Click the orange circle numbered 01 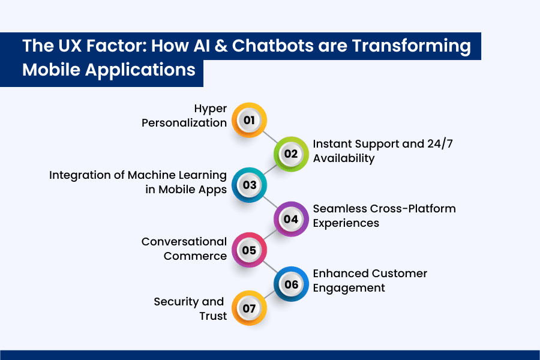point(249,121)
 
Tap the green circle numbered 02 point(291,154)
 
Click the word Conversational point(184,242)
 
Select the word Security point(178,301)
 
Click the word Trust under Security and point(213,316)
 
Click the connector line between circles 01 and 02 point(270,137)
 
